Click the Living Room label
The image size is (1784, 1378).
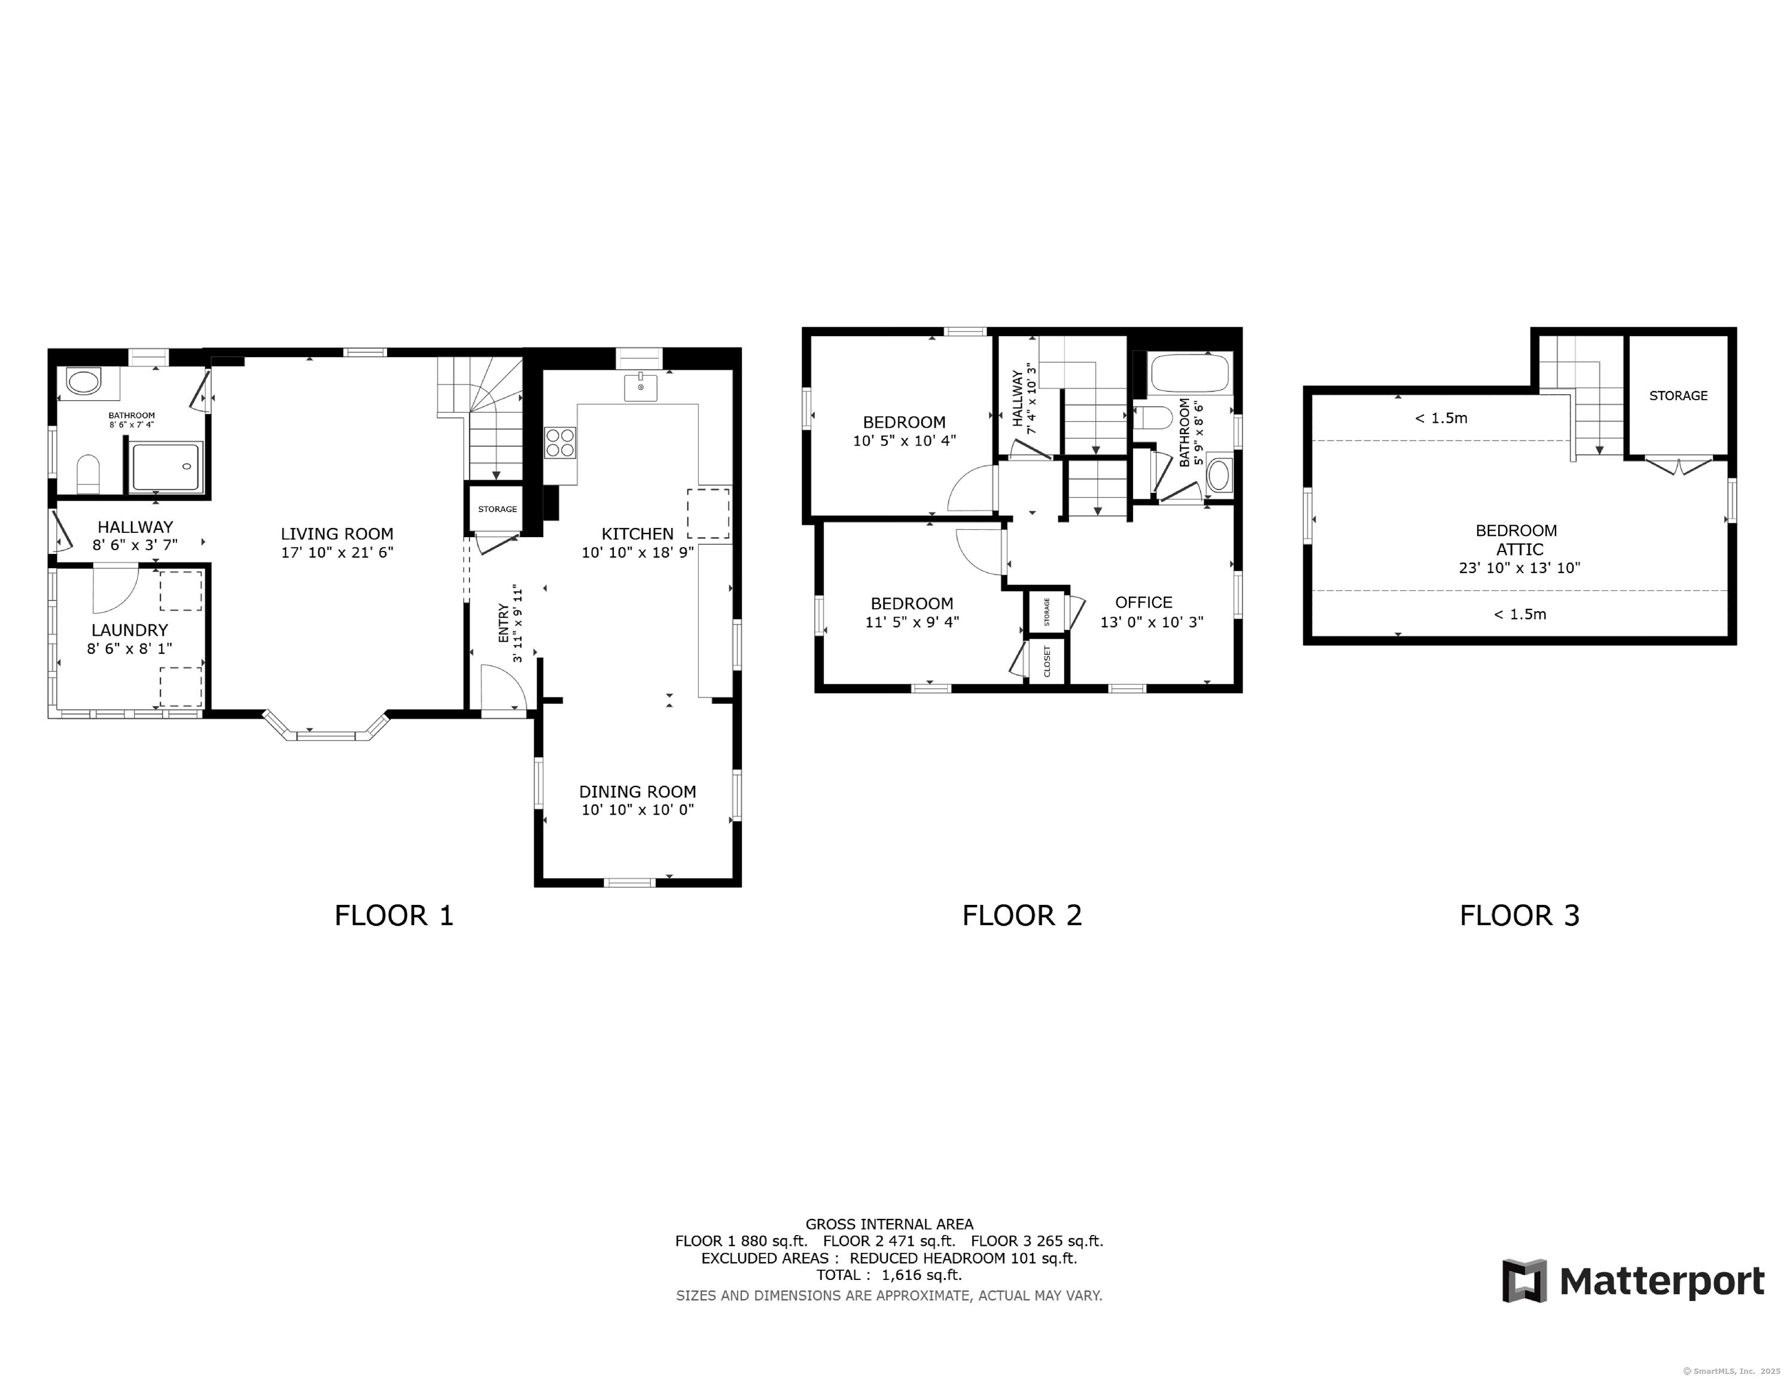click(x=337, y=534)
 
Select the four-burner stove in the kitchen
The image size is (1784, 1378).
click(x=561, y=442)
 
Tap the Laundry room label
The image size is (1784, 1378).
click(x=129, y=630)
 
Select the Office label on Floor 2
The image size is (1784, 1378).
click(x=1144, y=603)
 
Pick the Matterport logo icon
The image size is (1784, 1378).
click(x=1524, y=1281)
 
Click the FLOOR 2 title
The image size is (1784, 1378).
click(x=1022, y=916)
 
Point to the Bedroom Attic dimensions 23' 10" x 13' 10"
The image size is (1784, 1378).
click(x=1520, y=568)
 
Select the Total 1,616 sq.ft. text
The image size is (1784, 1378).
click(x=889, y=1275)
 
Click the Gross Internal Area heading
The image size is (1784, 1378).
click(x=890, y=1224)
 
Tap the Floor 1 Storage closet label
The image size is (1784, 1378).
click(x=498, y=509)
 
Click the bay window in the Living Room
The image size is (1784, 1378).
click(x=326, y=727)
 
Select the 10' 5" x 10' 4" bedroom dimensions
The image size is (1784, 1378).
click(x=904, y=441)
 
